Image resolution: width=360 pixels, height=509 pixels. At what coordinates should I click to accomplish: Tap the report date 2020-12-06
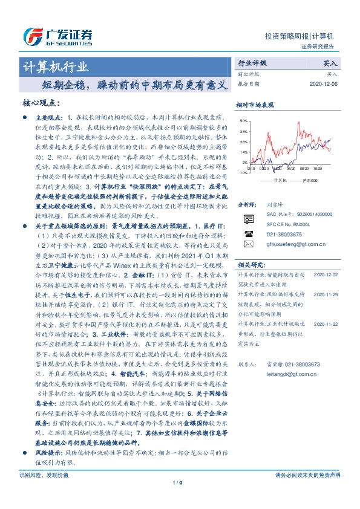323,84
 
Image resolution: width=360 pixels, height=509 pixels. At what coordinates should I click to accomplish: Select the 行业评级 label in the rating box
252,63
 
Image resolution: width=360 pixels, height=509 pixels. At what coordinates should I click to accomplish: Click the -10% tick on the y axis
242,172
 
